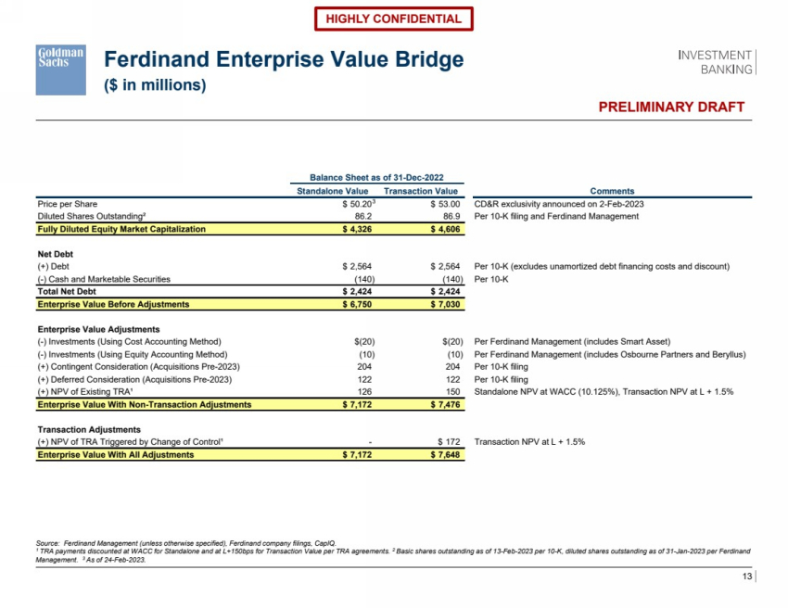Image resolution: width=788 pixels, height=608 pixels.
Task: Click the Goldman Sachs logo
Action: coord(61,69)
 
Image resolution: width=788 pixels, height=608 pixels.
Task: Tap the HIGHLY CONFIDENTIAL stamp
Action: coord(394,19)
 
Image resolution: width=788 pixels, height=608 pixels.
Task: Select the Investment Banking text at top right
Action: coord(717,62)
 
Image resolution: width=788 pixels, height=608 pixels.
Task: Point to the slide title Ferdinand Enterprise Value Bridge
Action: coord(283,60)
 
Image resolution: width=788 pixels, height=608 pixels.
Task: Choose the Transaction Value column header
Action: coord(422,190)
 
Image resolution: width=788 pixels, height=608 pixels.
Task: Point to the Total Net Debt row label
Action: coord(70,291)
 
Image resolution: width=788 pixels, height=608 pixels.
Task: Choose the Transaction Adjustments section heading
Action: coord(89,430)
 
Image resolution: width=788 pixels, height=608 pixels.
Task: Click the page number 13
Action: coord(747,578)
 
